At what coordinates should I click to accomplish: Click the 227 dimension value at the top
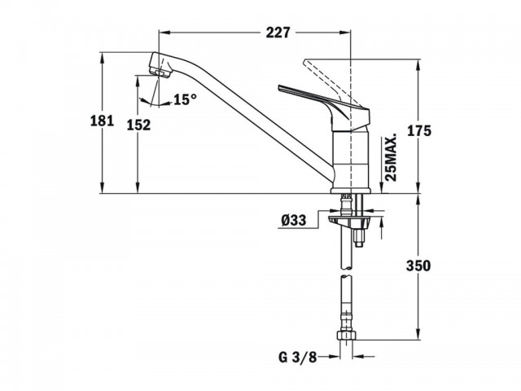pyautogui.click(x=278, y=33)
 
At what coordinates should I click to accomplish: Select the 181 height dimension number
pyautogui.click(x=103, y=121)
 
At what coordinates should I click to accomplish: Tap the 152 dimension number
pyautogui.click(x=139, y=125)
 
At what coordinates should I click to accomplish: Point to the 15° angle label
pyautogui.click(x=185, y=99)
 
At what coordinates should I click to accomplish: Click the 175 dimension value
pyautogui.click(x=419, y=131)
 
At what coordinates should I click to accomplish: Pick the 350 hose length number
pyautogui.click(x=418, y=266)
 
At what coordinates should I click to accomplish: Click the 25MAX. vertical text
pyautogui.click(x=392, y=157)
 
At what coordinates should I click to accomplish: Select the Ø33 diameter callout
pyautogui.click(x=293, y=220)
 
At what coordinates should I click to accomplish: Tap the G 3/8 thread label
pyautogui.click(x=297, y=358)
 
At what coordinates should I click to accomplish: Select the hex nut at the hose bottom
pyautogui.click(x=346, y=335)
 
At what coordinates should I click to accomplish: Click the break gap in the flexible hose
pyautogui.click(x=346, y=272)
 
